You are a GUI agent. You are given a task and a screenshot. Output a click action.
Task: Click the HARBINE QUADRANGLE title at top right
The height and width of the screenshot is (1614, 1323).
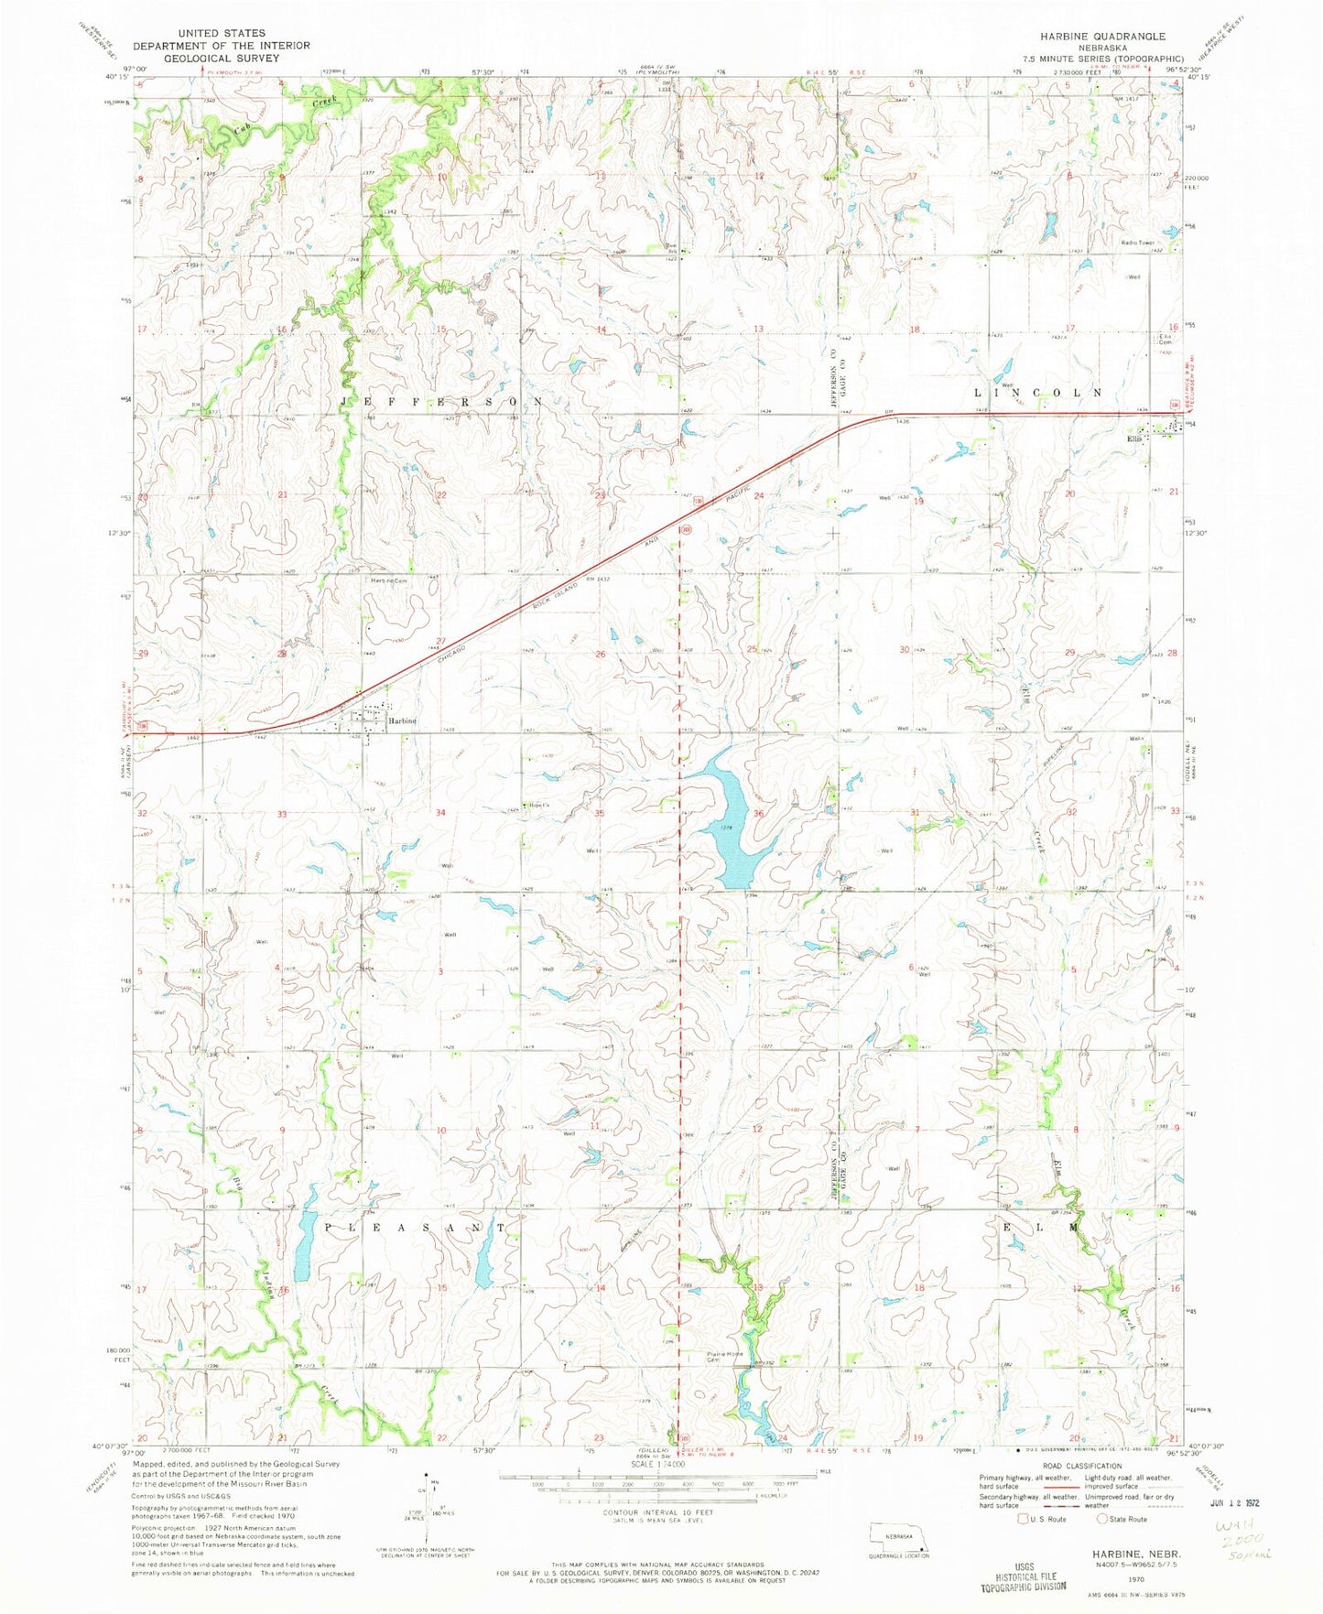click(1101, 36)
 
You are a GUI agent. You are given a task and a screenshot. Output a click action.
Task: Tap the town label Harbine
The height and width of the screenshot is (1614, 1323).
click(402, 720)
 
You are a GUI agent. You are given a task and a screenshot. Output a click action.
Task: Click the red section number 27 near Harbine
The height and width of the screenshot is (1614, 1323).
click(440, 640)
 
